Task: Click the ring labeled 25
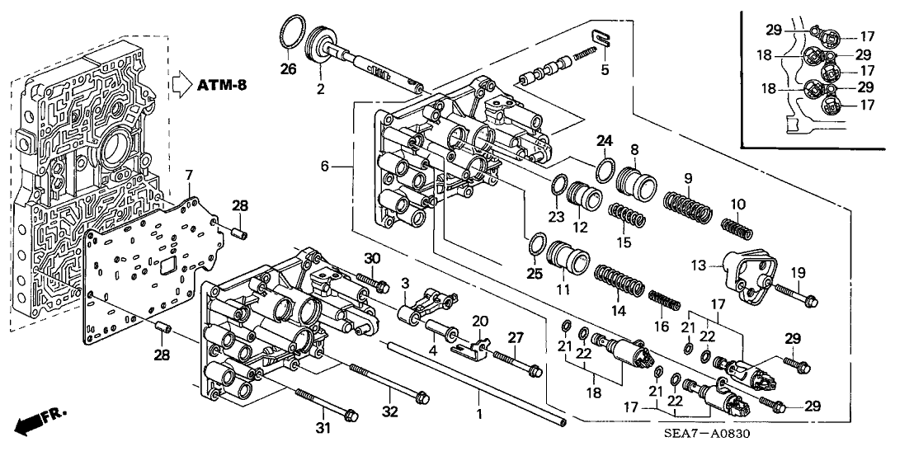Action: coord(536,245)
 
